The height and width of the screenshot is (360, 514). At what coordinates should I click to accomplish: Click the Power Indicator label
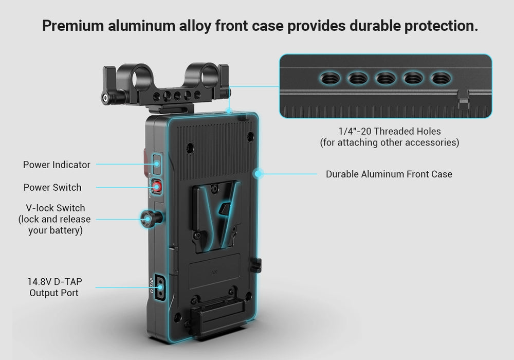[x=57, y=165]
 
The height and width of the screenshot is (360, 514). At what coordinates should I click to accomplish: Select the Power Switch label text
[x=52, y=188]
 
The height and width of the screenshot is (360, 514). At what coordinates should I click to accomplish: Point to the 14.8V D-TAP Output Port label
[x=54, y=287]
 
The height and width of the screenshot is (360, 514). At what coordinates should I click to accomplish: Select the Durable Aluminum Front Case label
[x=389, y=174]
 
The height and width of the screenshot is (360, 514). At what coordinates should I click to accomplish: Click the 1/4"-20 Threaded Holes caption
[x=389, y=137]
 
